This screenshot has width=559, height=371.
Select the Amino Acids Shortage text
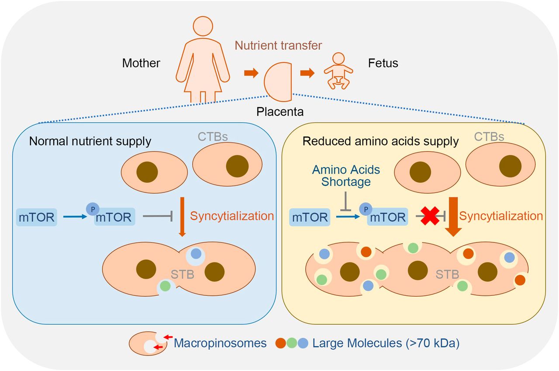pos(346,175)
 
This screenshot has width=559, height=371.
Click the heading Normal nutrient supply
pos(90,141)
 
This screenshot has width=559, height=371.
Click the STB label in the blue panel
pos(182,274)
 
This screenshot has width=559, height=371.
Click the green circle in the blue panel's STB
pos(165,287)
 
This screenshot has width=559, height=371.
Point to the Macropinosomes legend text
pos(220,343)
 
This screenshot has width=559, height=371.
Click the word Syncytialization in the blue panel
pos(232,216)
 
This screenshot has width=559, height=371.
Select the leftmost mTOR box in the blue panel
pos(37,217)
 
